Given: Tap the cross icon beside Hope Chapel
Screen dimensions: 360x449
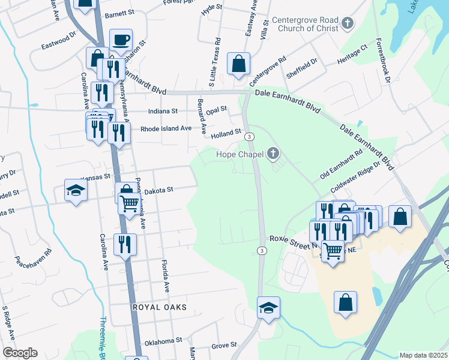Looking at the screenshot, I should (273, 154).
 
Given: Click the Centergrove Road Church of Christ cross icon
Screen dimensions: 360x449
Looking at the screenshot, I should (347, 24).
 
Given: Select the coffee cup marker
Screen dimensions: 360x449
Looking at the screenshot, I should (121, 40).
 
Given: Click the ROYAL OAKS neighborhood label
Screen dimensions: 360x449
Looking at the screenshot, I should (160, 307).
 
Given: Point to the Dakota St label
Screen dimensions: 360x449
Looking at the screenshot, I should (158, 190).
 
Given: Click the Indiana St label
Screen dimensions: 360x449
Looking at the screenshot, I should (163, 111).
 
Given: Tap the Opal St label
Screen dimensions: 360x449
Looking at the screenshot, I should (216, 110).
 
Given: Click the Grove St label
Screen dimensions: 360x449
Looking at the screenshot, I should (224, 345).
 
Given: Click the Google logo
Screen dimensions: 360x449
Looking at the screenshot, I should (20, 353).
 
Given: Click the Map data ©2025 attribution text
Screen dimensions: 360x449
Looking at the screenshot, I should (423, 355).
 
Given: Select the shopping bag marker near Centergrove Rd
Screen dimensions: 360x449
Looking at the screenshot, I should (239, 64).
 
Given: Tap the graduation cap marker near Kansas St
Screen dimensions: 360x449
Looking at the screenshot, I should (76, 191).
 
